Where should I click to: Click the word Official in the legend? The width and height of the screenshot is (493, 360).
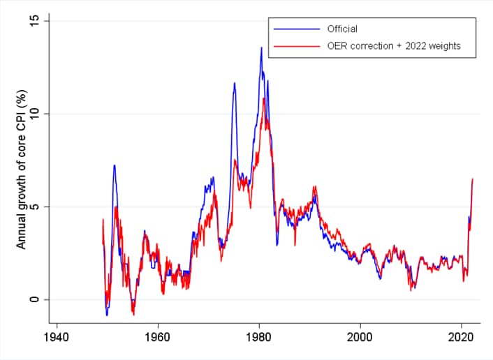tap(342, 29)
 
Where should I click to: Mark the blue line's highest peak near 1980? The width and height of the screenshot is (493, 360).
tap(261, 47)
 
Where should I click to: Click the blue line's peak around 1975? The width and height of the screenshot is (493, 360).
tap(235, 83)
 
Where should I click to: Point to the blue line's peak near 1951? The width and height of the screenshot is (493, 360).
tap(114, 165)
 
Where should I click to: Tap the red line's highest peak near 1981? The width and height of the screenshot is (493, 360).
tap(264, 98)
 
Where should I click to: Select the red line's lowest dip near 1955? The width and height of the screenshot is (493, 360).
tap(133, 315)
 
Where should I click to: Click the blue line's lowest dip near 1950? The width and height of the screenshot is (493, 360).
tap(107, 315)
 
